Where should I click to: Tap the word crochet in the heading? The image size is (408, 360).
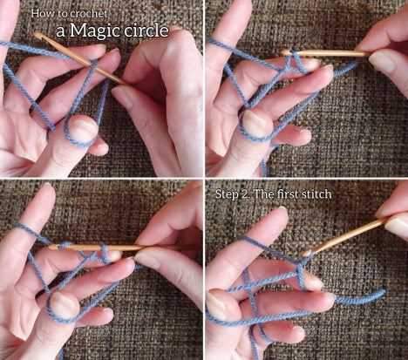coord(90,14)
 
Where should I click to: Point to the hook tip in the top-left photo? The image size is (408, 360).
coord(37,35)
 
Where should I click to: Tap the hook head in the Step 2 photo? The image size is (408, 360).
coord(306,254)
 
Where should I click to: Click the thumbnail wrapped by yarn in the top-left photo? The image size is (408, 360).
coord(82,129)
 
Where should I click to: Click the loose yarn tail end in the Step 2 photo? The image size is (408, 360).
coord(383,292)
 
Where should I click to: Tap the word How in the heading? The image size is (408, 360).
coord(38,13)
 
